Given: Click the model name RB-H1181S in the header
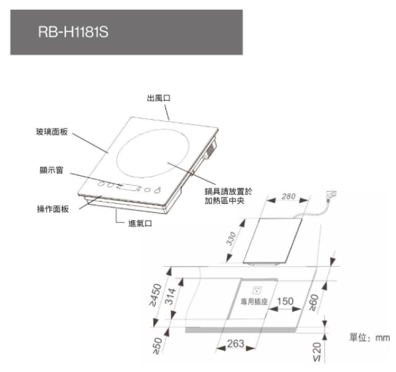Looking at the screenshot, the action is (x=73, y=32).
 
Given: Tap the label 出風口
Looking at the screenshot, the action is (x=159, y=98).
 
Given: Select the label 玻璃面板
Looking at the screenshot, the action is (x=52, y=132).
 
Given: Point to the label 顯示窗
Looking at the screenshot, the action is (x=51, y=170).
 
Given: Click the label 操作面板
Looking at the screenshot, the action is (x=53, y=209).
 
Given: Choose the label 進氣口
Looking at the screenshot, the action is (x=140, y=223).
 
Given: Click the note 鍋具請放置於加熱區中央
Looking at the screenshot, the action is (x=228, y=196).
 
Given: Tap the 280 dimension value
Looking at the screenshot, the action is (x=288, y=196).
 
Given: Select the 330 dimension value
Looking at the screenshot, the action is (x=231, y=238).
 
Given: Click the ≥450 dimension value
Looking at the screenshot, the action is (x=156, y=295).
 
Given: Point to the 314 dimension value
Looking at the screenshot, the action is (x=171, y=296).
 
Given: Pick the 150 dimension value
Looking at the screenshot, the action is (x=285, y=301).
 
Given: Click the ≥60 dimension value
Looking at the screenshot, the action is (x=314, y=302).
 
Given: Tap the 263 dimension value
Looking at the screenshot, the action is (x=235, y=343).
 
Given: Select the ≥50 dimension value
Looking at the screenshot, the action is (x=158, y=345).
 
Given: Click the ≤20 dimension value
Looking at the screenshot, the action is (x=318, y=352).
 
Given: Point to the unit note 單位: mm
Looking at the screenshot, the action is (x=370, y=338).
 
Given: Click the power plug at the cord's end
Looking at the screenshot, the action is (x=331, y=194).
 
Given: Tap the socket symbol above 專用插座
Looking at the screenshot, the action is (x=257, y=290).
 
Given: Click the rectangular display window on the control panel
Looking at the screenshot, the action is (x=130, y=187).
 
